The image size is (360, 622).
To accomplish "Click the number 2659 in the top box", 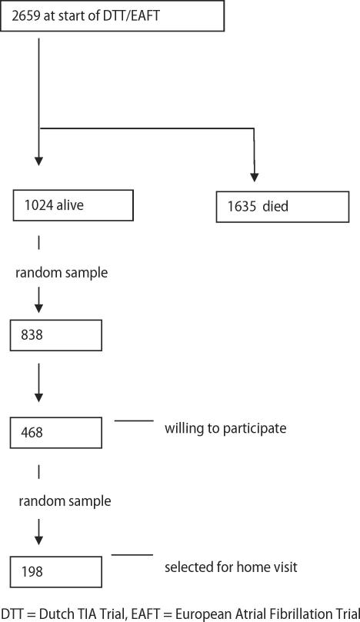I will tap(29, 16).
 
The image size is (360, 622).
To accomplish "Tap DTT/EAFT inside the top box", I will tap(133, 16).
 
